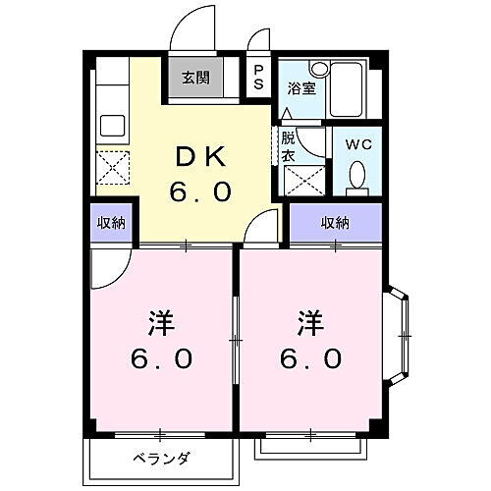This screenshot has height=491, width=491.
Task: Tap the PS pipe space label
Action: pos(258,77)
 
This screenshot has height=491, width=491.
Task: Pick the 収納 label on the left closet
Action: pos(111,224)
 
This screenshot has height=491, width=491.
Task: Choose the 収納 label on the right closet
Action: pos(334,224)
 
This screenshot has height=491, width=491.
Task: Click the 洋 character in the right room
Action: pos(309,322)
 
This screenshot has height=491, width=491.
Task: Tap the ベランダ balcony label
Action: pos(162,459)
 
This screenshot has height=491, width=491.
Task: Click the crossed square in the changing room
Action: pos(300,180)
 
